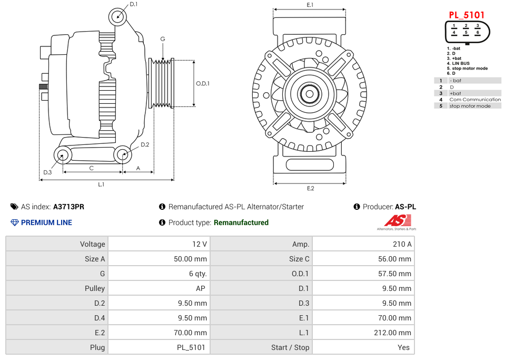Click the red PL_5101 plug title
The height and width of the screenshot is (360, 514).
coord(466,15)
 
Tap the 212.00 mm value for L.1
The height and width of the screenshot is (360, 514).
coord(392,333)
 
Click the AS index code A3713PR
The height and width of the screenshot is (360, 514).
coord(68,207)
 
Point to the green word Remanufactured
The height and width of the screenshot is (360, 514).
coord(241,222)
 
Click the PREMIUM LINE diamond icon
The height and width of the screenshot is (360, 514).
coord(14,222)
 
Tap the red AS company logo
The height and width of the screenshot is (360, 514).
coord(397,220)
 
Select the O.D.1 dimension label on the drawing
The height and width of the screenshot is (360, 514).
coord(203,84)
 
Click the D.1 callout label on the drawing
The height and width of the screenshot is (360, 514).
coord(133,4)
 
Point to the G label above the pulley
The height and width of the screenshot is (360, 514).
coord(163,38)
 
